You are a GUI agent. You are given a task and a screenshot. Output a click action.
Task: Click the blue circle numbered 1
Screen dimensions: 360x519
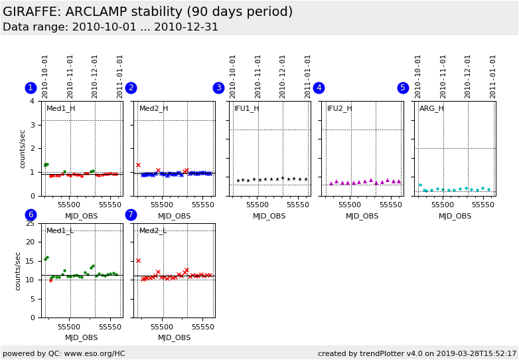coord(31,88)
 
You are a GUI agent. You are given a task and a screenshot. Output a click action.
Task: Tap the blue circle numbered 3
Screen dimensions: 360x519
coord(218,88)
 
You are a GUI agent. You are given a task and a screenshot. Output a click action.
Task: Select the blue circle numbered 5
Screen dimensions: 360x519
coord(403,88)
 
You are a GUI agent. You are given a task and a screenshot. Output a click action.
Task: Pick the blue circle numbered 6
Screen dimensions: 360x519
coord(31,215)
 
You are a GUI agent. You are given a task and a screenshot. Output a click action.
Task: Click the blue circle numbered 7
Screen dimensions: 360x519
coord(131,215)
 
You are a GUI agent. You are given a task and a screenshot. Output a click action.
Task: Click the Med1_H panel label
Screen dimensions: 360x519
coord(60,108)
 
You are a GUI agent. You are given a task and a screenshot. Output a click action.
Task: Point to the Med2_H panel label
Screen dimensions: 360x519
coord(153,108)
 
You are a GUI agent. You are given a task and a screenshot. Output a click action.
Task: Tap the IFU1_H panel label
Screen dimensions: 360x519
coord(246,108)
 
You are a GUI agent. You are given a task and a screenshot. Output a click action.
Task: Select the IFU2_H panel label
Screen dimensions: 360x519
coord(339,108)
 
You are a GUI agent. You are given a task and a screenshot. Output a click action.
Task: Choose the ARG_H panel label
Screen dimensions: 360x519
coord(431,108)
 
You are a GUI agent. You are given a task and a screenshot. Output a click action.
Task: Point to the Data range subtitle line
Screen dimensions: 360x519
coord(110,27)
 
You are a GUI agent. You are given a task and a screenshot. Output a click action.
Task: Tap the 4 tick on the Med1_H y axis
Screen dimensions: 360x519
coord(32,101)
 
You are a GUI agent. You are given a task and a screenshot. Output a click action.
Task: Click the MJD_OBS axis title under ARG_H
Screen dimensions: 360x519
coord(455,216)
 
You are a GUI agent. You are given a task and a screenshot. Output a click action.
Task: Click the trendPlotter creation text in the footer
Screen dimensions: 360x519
coord(417,353)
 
